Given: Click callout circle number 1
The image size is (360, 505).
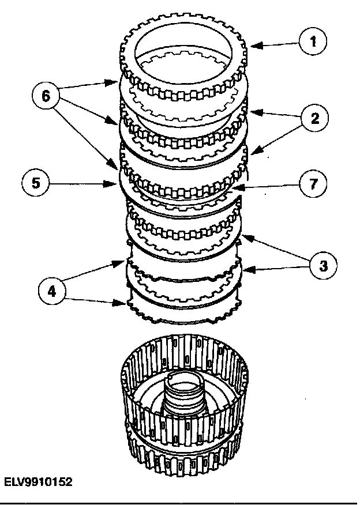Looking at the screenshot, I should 313,42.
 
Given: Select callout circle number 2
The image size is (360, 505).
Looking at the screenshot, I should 313,119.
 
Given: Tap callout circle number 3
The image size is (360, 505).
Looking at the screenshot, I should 322,266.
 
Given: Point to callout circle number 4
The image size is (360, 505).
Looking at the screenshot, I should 53,292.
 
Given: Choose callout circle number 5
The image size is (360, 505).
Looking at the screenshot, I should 36,184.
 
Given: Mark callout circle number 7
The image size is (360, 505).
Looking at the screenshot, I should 313,183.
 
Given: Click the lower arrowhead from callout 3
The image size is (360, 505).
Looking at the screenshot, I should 245,269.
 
